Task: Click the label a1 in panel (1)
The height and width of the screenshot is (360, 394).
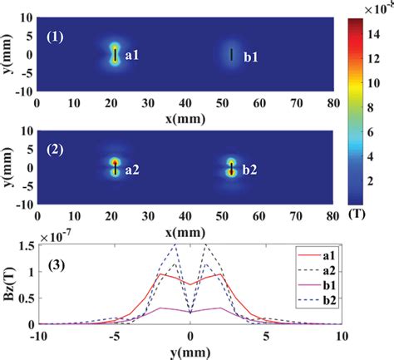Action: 131,57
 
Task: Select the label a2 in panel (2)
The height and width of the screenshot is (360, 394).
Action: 131,169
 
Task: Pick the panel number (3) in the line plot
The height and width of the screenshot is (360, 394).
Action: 65,268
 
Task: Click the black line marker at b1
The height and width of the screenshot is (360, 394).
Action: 231,55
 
